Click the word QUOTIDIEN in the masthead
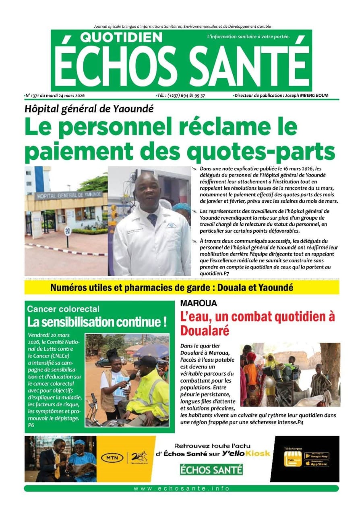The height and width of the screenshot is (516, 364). [121, 37]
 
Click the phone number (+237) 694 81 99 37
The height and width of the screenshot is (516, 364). [186, 96]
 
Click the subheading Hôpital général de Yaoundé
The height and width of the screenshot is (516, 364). [89, 108]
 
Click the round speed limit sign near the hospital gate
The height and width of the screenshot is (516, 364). [67, 231]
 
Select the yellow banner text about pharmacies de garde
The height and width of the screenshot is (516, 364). [172, 288]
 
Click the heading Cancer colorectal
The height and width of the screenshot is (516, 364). [63, 309]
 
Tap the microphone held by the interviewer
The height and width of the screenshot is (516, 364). [132, 377]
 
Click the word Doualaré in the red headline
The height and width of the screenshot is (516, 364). [205, 331]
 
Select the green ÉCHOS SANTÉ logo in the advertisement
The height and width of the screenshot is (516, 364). [211, 470]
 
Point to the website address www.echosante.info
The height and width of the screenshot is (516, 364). [182, 489]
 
